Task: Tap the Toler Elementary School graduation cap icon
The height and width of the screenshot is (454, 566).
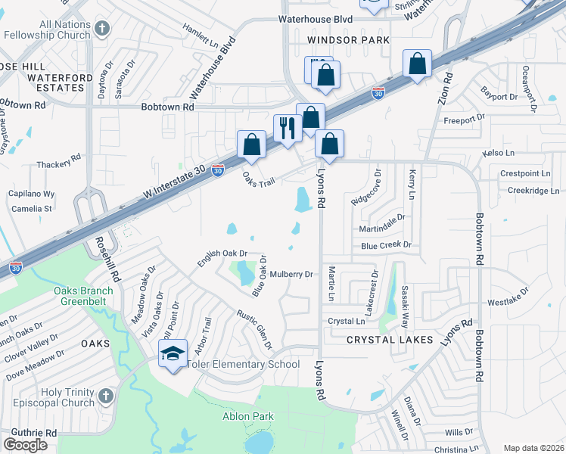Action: tap(173, 352)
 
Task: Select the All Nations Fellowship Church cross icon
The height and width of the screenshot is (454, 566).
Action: tap(104, 29)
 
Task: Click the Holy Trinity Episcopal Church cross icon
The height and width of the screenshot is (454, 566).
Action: tap(106, 396)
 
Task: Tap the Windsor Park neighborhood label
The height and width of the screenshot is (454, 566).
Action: tap(348, 39)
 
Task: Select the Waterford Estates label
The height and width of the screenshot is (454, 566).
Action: tap(49, 88)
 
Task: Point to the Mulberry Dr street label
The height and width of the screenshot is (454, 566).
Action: tap(291, 274)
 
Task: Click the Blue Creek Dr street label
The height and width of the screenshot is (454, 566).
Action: tap(385, 245)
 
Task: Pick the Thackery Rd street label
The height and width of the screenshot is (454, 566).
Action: tap(58, 163)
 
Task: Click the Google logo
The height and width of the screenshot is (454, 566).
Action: tap(26, 444)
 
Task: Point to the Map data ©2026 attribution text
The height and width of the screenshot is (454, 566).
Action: tap(533, 448)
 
